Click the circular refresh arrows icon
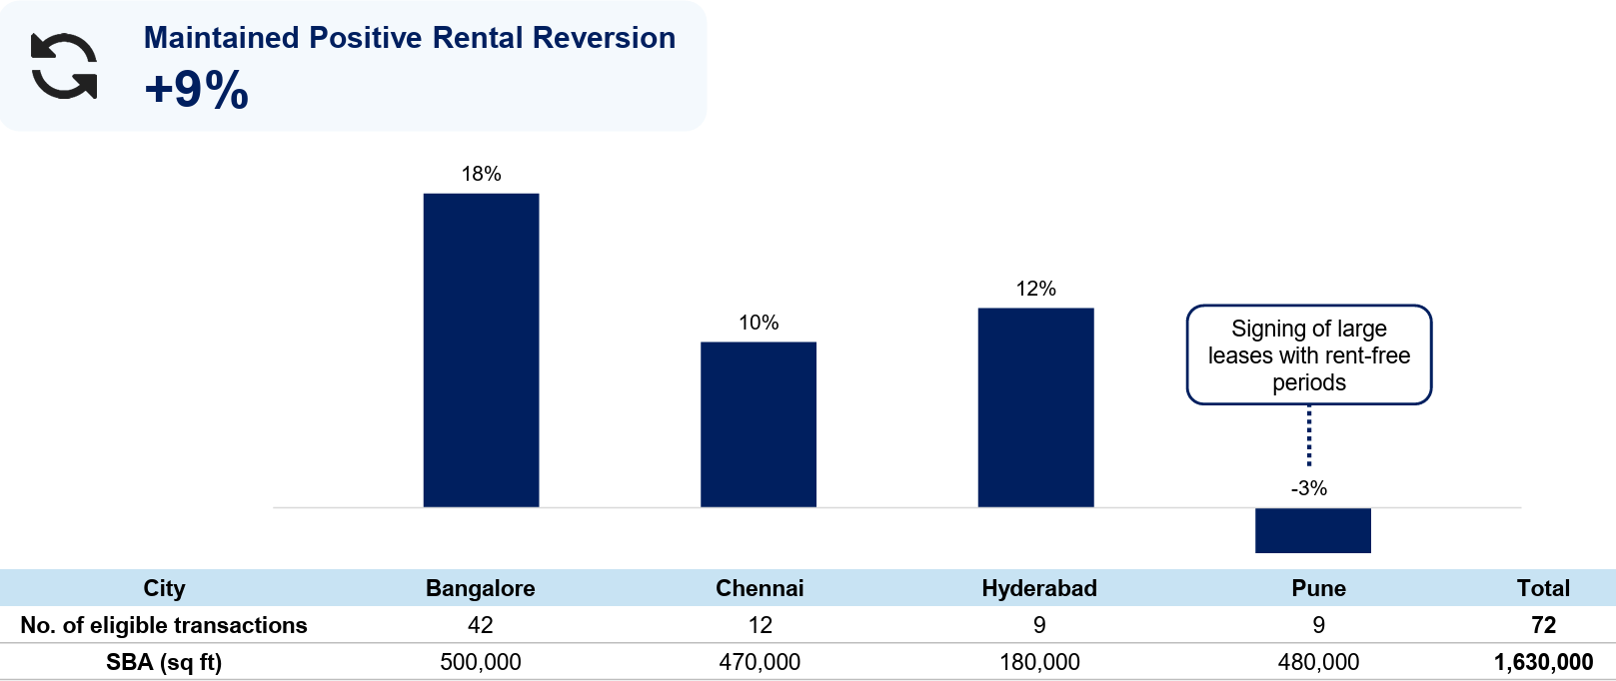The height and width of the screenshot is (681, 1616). click(64, 66)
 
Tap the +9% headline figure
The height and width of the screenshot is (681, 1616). click(196, 89)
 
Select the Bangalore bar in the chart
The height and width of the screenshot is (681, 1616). click(481, 350)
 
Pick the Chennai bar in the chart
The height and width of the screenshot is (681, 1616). click(759, 424)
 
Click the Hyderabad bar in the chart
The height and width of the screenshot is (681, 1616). click(1036, 407)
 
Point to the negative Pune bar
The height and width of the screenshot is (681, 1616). click(1313, 530)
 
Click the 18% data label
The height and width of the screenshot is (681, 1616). click(481, 174)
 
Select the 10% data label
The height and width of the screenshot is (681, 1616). click(759, 323)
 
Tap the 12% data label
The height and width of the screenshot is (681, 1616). click(1036, 289)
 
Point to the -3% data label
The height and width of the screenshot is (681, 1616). click(1309, 488)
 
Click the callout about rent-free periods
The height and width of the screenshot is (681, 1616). click(1309, 354)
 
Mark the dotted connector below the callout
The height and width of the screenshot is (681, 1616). click(1309, 435)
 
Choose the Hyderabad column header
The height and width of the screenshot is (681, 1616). click(1039, 588)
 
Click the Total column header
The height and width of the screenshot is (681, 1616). click(1543, 588)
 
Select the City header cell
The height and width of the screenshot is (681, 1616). click(164, 588)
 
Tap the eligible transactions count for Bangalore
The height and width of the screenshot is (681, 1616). click(481, 625)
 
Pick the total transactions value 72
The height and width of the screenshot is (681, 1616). click(1543, 625)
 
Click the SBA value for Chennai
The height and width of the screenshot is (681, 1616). click(760, 662)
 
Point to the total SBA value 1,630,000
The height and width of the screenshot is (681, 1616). click(1543, 662)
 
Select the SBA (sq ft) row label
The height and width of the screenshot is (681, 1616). click(164, 662)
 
